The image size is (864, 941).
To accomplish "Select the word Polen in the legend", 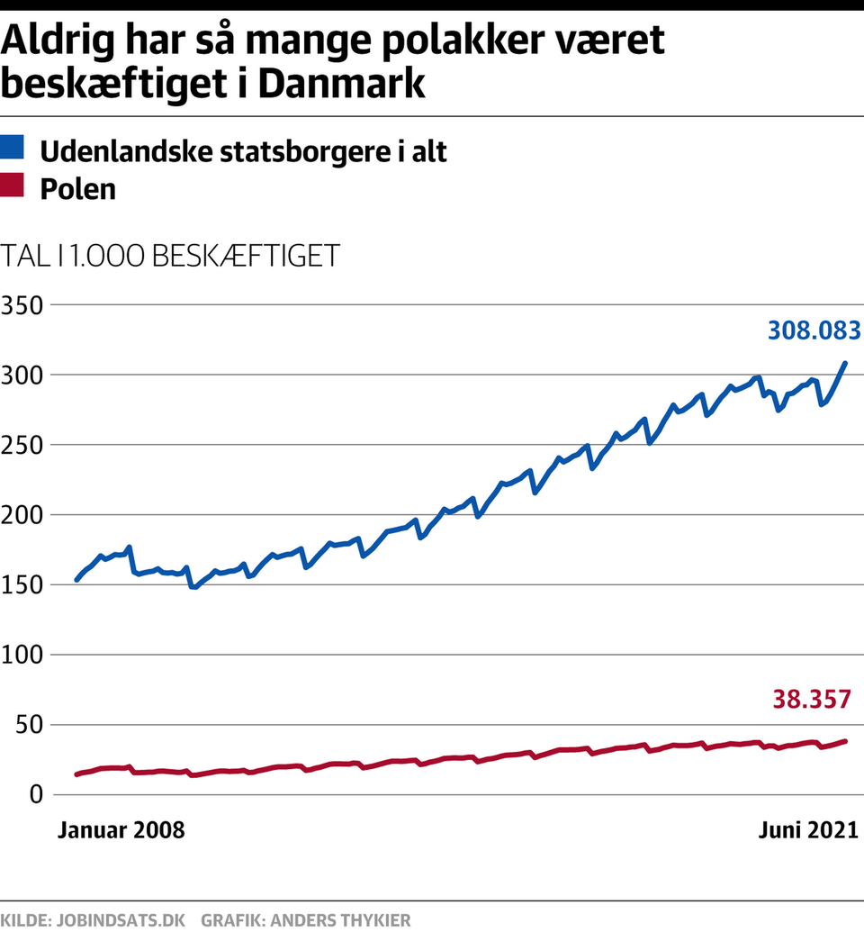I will pos(78,189).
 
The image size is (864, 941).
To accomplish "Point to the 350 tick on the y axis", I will pos(22,305).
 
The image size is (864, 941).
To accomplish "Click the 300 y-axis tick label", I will pos(22,375).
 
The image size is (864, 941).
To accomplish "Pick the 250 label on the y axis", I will pos(22,445).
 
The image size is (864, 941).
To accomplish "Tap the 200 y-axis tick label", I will pos(22,515).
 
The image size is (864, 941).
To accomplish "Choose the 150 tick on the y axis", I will pos(22,585).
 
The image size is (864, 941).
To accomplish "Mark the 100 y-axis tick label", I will pos(22,655).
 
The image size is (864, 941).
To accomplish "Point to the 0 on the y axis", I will pos(34,794).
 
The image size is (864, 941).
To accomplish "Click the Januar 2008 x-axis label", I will pos(121,829).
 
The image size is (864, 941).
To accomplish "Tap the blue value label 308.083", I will pos(814,330).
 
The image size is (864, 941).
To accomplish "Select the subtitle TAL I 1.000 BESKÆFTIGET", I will pos(172,255).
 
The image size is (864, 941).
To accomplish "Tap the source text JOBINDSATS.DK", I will pos(121,921).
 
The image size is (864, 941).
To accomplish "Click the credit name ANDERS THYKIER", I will pos(342,921).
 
